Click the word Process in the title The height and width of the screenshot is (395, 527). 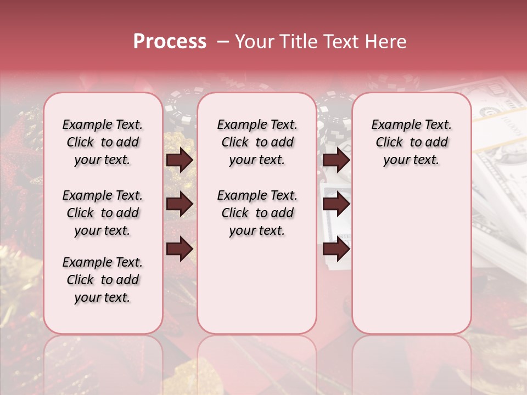(x=170, y=42)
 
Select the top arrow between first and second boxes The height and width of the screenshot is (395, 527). (x=180, y=160)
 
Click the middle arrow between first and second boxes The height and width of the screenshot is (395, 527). (x=180, y=204)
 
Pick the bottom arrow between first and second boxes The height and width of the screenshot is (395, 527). (x=180, y=249)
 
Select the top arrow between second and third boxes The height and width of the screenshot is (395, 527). (x=336, y=160)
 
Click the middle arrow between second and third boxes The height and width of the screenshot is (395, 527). (x=336, y=204)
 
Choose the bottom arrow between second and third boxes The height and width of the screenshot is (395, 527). (x=336, y=249)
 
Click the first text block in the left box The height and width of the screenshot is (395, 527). (x=103, y=142)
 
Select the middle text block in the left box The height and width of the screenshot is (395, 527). (x=103, y=213)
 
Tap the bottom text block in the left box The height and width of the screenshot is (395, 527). (x=103, y=280)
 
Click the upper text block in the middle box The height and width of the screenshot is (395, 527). (x=257, y=142)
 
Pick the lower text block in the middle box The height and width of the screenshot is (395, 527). (x=257, y=213)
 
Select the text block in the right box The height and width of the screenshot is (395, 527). (x=411, y=142)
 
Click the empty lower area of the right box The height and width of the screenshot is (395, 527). (x=411, y=258)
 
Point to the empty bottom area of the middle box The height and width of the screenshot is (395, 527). (x=257, y=291)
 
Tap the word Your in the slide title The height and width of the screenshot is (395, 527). (x=254, y=42)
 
